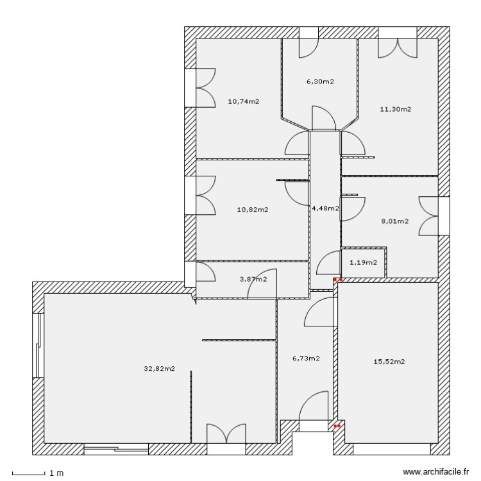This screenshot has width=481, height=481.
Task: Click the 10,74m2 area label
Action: click(x=244, y=101)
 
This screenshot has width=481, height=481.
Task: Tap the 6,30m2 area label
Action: click(x=320, y=81)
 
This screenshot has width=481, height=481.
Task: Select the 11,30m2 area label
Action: click(x=395, y=109)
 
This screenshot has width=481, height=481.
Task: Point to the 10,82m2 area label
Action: click(x=253, y=209)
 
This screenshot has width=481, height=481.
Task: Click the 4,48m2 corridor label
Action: click(x=325, y=208)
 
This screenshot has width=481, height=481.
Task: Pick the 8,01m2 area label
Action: click(x=394, y=221)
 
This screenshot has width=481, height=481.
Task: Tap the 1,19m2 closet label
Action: click(x=363, y=262)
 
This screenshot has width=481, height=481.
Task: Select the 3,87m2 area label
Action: click(x=253, y=278)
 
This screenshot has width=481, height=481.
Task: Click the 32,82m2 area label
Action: click(x=160, y=368)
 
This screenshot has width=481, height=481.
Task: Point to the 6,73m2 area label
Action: click(x=306, y=359)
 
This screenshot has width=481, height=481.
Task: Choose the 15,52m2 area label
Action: click(x=389, y=362)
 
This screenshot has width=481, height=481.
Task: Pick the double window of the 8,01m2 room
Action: click(x=429, y=217)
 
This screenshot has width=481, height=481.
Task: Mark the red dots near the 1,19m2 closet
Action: click(x=338, y=280)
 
